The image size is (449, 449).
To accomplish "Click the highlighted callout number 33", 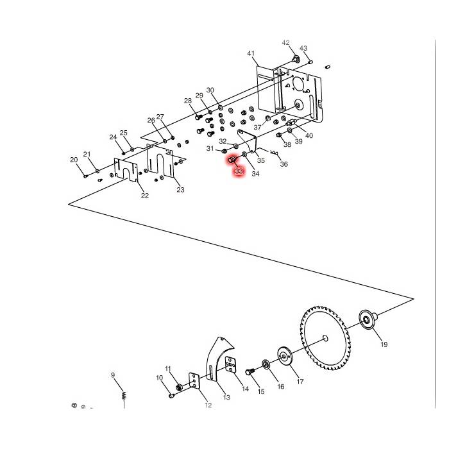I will point(239,171).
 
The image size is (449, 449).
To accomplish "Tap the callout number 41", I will point(251,53).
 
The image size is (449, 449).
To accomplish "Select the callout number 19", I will point(384,344).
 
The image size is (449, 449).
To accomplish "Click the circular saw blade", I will point(326,337).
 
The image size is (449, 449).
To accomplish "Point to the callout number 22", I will point(145,196).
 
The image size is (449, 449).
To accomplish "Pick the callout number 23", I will point(180,190).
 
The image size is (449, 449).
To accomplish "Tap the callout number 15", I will point(260,391).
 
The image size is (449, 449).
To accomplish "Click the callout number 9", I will point(112,375).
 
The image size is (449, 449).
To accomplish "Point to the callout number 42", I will point(285,43).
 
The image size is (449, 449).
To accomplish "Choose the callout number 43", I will point(303,49).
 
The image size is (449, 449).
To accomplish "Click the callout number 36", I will point(284,164).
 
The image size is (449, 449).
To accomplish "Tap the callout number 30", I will point(210,90).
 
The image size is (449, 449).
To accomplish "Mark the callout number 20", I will point(74,160).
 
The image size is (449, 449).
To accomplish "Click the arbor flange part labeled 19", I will point(367,319).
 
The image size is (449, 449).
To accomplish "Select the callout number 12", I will point(208,405).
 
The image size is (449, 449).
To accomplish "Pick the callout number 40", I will point(309,135).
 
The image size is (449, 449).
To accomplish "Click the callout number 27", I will point(160,117).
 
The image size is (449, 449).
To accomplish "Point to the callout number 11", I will point(168,369).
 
